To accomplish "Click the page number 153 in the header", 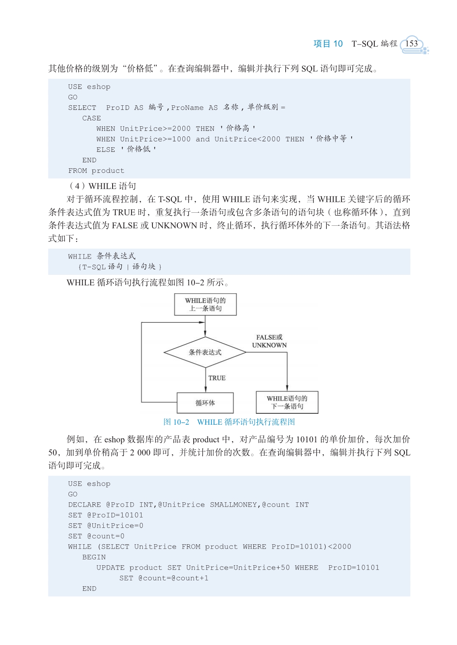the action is [412, 44].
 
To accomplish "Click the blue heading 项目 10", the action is [328, 44].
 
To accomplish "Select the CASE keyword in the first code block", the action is [92, 118].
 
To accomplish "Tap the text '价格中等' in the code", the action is [331, 139].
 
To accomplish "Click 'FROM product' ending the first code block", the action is [96, 171].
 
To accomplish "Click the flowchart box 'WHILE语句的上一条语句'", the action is [205, 304].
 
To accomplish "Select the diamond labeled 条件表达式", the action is [205, 352].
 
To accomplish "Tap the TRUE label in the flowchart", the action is [217, 378].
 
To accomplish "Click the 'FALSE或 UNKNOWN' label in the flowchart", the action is [269, 341].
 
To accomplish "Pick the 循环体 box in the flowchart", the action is [205, 403].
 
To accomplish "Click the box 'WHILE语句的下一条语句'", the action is [287, 402].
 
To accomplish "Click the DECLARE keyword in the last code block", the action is [85, 505].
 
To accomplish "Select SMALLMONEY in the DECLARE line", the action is [234, 505].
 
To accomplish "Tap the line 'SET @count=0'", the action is [96, 536].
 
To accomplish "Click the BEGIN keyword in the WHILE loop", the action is [94, 557].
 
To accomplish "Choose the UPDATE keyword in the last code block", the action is [110, 567].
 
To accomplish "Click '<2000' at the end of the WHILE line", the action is [340, 546].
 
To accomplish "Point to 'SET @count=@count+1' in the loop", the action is [164, 578].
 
